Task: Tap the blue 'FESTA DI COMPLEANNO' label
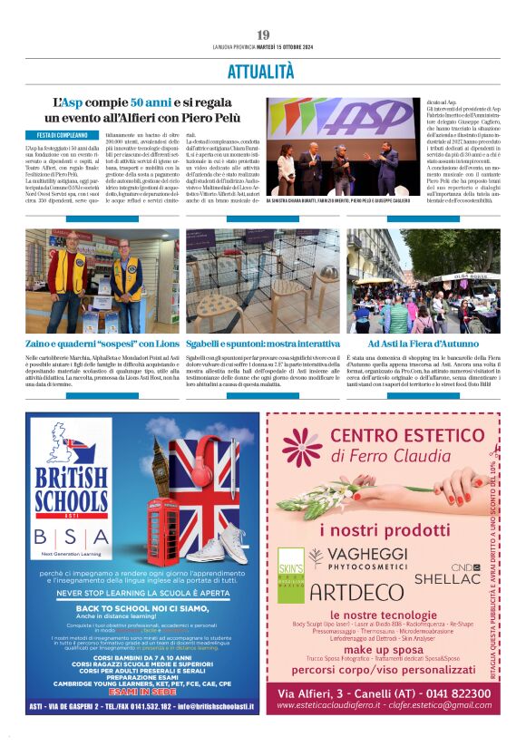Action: pos(56,135)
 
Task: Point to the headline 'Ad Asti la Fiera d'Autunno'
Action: pos(423,344)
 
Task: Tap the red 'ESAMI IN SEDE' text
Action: pos(147,690)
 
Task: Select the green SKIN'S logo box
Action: pos(290,566)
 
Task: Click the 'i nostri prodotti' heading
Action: pos(382,528)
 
